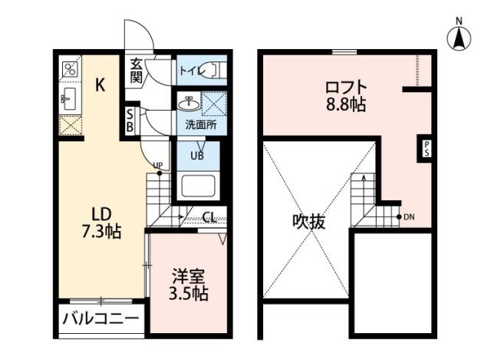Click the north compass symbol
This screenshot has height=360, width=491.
[458, 37]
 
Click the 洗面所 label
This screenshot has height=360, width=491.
[201, 124]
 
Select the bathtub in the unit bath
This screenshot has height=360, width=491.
[198, 187]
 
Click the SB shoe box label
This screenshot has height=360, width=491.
[130, 121]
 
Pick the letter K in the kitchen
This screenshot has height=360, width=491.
[101, 86]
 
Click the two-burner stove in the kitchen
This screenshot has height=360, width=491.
[69, 69]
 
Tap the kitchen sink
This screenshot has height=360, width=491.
[68, 98]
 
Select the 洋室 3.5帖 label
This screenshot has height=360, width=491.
[188, 285]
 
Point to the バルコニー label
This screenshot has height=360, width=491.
[101, 319]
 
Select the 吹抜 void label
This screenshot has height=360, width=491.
[308, 223]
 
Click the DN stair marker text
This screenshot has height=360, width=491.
[410, 216]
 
